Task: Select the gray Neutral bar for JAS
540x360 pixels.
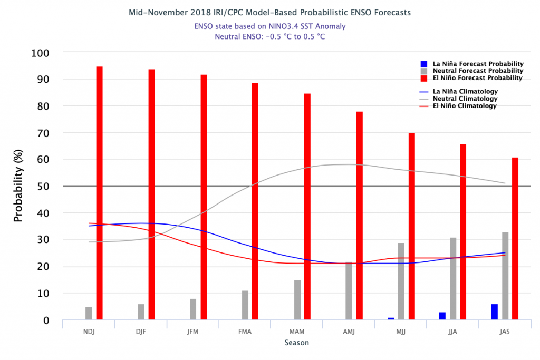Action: pos(505,276)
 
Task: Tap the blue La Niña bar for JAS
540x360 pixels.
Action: pos(495,312)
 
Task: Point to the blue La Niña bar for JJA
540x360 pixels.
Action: pos(442,316)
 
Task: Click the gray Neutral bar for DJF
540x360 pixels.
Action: pos(141,312)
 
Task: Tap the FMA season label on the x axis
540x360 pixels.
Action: pos(245,331)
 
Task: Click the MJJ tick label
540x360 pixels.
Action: pos(401,331)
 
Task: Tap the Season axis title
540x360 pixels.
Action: pos(296,343)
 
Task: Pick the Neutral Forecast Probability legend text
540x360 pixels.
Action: pos(478,71)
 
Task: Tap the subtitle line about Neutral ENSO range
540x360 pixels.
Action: pos(269,36)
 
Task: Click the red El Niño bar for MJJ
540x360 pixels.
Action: pos(411,226)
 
